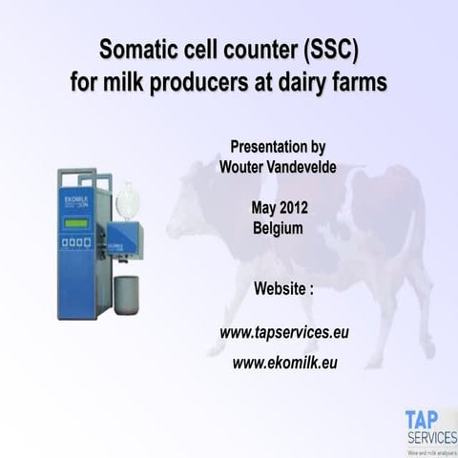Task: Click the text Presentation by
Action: coord(278,147)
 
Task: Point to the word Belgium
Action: coord(278,229)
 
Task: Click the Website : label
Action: coord(283,288)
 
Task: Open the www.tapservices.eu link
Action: coord(283,333)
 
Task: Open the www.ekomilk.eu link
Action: coord(284,363)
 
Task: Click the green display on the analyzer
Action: coord(77,223)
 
